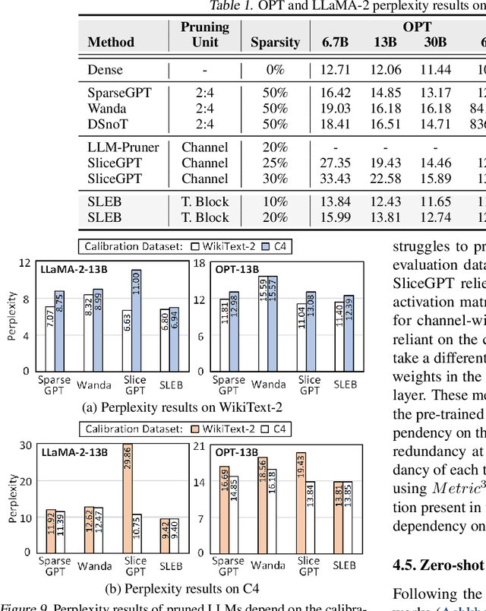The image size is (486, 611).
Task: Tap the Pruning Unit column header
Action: pos(205,34)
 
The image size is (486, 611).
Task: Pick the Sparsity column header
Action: pos(276,43)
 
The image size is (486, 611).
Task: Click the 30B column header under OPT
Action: pos(435,43)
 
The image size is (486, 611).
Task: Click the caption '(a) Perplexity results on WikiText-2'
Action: pos(182,407)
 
